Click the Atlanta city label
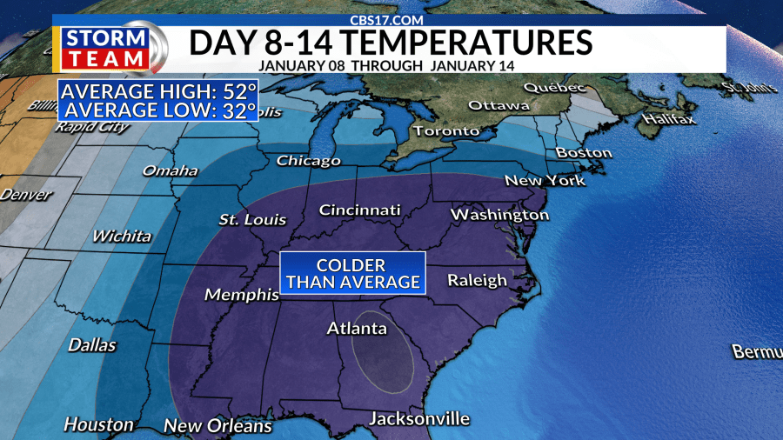[x=356, y=329]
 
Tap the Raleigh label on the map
[x=477, y=280]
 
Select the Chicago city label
[x=308, y=161]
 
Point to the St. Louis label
[x=252, y=219]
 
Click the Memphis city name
[x=241, y=296]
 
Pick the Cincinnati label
[x=359, y=210]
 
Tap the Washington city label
[x=499, y=214]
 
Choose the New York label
[x=545, y=181]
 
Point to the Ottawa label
[x=498, y=105]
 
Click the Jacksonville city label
[x=419, y=418]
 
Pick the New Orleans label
[x=217, y=426]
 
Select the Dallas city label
[x=91, y=345]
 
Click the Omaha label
[x=171, y=170]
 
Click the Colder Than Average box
[x=351, y=273]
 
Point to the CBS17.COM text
[x=388, y=18]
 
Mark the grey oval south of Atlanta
[x=381, y=350]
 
